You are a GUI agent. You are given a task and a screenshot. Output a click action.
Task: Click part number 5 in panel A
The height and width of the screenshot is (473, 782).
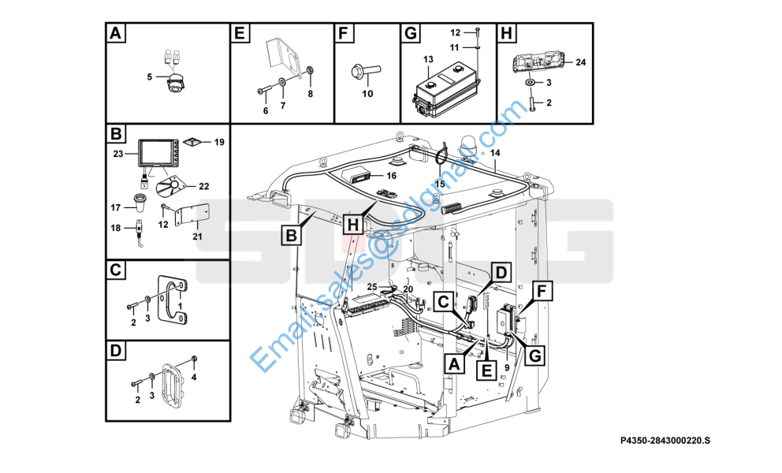click(x=149, y=76)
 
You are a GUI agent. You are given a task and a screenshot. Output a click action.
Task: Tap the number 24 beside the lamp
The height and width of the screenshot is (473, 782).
click(x=580, y=61)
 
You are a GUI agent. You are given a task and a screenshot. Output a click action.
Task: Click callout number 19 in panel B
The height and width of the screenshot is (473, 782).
click(x=219, y=142)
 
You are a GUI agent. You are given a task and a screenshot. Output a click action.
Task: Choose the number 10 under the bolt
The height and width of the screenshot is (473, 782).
click(x=367, y=95)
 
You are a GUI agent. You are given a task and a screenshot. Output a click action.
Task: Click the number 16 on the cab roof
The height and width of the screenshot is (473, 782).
click(x=391, y=175)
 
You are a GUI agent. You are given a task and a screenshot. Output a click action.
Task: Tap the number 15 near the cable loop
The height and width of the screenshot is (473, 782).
click(x=440, y=184)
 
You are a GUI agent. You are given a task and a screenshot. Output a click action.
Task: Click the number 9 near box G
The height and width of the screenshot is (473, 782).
click(x=505, y=365)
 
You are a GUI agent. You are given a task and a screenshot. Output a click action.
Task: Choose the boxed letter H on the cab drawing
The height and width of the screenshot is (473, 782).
click(x=354, y=225)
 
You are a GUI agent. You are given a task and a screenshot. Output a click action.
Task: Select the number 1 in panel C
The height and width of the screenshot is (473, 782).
click(x=181, y=305)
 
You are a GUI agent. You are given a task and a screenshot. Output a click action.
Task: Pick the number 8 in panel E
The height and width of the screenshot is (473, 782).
click(x=310, y=94)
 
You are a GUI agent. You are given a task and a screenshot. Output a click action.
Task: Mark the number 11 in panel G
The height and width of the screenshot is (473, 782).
click(x=454, y=47)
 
